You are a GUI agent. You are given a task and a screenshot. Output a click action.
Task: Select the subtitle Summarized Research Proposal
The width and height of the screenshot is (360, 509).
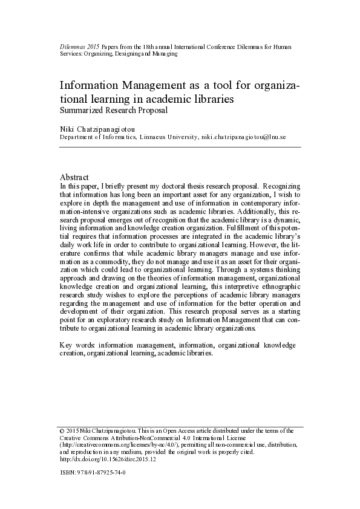113,111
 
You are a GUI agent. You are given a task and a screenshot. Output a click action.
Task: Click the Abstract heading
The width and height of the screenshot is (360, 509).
74,177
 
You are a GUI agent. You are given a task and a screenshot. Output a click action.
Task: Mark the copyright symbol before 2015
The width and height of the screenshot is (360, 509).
61,431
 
